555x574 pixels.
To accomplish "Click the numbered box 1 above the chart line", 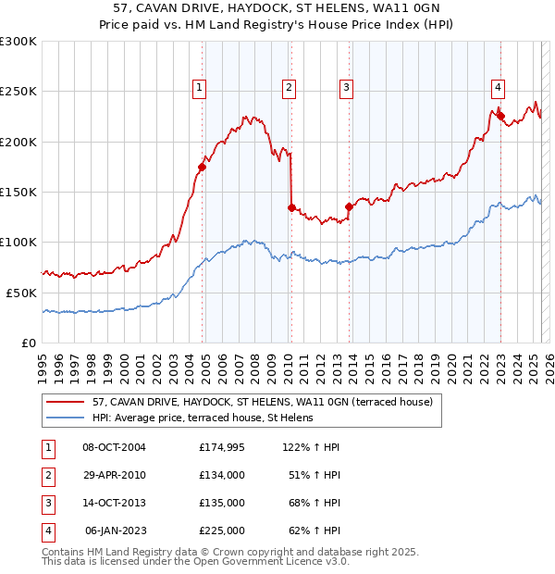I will tap(199, 88).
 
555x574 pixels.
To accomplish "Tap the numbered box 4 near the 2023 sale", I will tap(498, 88).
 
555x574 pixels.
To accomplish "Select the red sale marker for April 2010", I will tap(291, 208).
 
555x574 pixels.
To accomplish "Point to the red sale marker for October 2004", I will tap(202, 168).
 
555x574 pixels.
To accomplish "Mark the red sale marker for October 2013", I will tap(349, 207).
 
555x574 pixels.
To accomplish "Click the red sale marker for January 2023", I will tap(499, 117).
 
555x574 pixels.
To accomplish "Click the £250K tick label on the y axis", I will tap(18, 92).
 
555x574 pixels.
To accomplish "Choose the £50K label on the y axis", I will tap(20, 293).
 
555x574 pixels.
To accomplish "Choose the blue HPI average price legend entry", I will tap(203, 418).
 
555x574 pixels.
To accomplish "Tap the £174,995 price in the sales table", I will tap(222, 447).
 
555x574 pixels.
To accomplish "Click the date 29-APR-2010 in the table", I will tap(115, 475).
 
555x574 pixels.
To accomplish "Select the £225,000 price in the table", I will tap(222, 530).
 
